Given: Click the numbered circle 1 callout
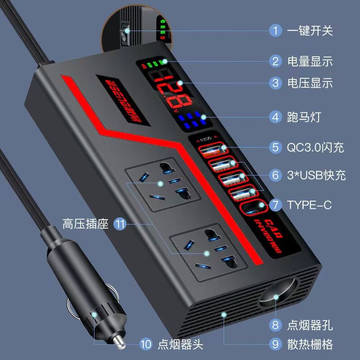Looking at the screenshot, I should point(275,31).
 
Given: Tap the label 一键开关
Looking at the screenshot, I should point(310,31).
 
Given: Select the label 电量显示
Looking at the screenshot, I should point(310,61).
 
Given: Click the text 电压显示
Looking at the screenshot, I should point(310,83).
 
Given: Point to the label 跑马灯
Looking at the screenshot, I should point(304,117).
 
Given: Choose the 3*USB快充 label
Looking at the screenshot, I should point(316,175).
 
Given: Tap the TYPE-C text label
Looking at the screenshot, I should point(309,205).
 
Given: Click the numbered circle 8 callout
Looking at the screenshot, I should point(275,324).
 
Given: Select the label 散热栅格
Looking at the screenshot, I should point(310,345).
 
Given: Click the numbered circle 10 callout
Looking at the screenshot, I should point(146,345).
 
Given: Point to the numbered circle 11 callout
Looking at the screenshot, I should point(119,224).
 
